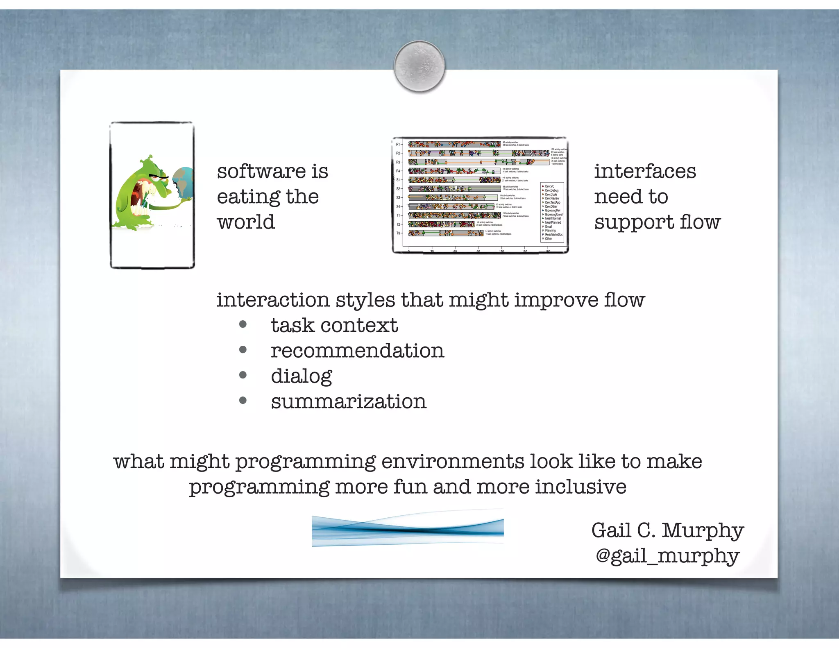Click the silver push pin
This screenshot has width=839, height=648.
419,66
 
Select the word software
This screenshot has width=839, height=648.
261,171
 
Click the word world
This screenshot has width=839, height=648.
246,222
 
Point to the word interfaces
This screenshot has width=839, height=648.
645,171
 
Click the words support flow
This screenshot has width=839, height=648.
657,222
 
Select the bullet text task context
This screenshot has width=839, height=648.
334,326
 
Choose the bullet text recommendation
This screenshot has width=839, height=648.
357,351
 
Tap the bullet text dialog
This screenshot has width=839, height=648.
301,376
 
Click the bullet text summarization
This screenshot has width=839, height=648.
349,402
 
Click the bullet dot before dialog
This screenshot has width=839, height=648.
243,375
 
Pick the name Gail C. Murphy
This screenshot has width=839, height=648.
667,530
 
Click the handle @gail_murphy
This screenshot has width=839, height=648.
667,556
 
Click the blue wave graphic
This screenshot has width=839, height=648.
408,529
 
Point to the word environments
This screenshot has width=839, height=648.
452,462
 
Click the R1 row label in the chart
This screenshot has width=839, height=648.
398,144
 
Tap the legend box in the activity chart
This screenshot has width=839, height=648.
552,212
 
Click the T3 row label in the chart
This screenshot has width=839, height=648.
398,233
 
